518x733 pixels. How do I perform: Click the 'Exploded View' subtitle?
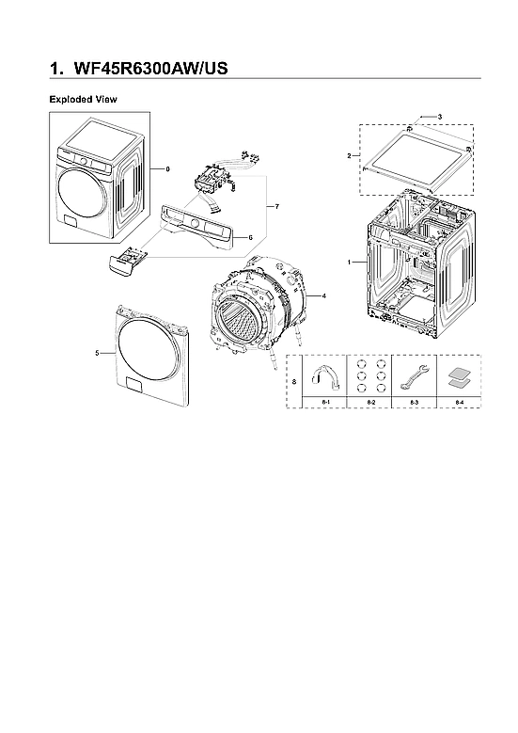[83, 99]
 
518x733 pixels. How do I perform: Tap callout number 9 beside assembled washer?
[166, 168]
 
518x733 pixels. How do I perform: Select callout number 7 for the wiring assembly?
[277, 205]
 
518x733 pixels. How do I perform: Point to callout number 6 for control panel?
[250, 237]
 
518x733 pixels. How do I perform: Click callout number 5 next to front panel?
[98, 352]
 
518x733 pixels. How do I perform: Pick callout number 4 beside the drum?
[323, 295]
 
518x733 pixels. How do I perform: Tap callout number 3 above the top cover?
[438, 115]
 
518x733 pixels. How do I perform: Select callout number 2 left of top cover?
[349, 155]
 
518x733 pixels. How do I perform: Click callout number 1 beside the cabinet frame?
[350, 261]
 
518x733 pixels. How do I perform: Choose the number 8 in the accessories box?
[295, 381]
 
